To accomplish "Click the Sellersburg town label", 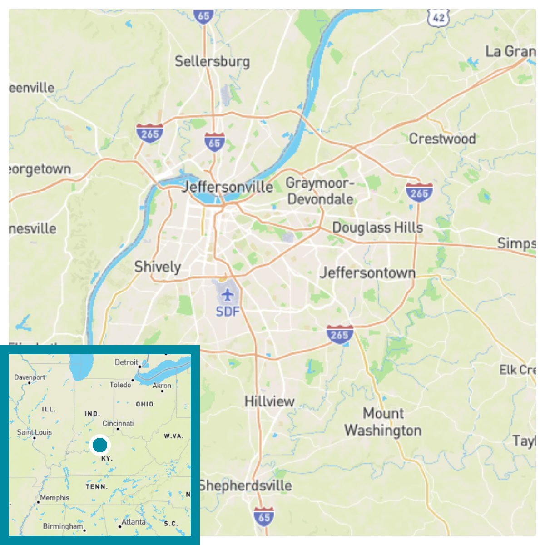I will click(x=212, y=62).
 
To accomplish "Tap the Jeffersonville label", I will click(x=228, y=187).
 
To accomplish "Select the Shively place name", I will click(x=158, y=267).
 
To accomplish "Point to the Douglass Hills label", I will click(x=377, y=228).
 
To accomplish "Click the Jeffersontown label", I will click(x=367, y=272).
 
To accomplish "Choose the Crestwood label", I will click(x=442, y=139).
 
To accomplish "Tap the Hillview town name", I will click(x=269, y=401).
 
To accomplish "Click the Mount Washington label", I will click(x=383, y=422).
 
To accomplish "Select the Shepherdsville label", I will click(x=245, y=486).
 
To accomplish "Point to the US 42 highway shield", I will click(x=438, y=17).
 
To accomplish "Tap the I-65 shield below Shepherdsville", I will click(x=264, y=517).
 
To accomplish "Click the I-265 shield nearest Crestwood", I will click(x=419, y=193).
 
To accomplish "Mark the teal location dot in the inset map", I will click(x=99, y=445).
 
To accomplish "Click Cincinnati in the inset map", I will click(x=118, y=423).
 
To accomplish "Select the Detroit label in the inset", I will click(x=126, y=362).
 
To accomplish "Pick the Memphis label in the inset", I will click(x=54, y=498).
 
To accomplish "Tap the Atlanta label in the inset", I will click(x=134, y=522).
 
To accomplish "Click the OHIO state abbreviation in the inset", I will click(x=144, y=404).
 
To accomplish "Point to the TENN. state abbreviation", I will click(x=97, y=487).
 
